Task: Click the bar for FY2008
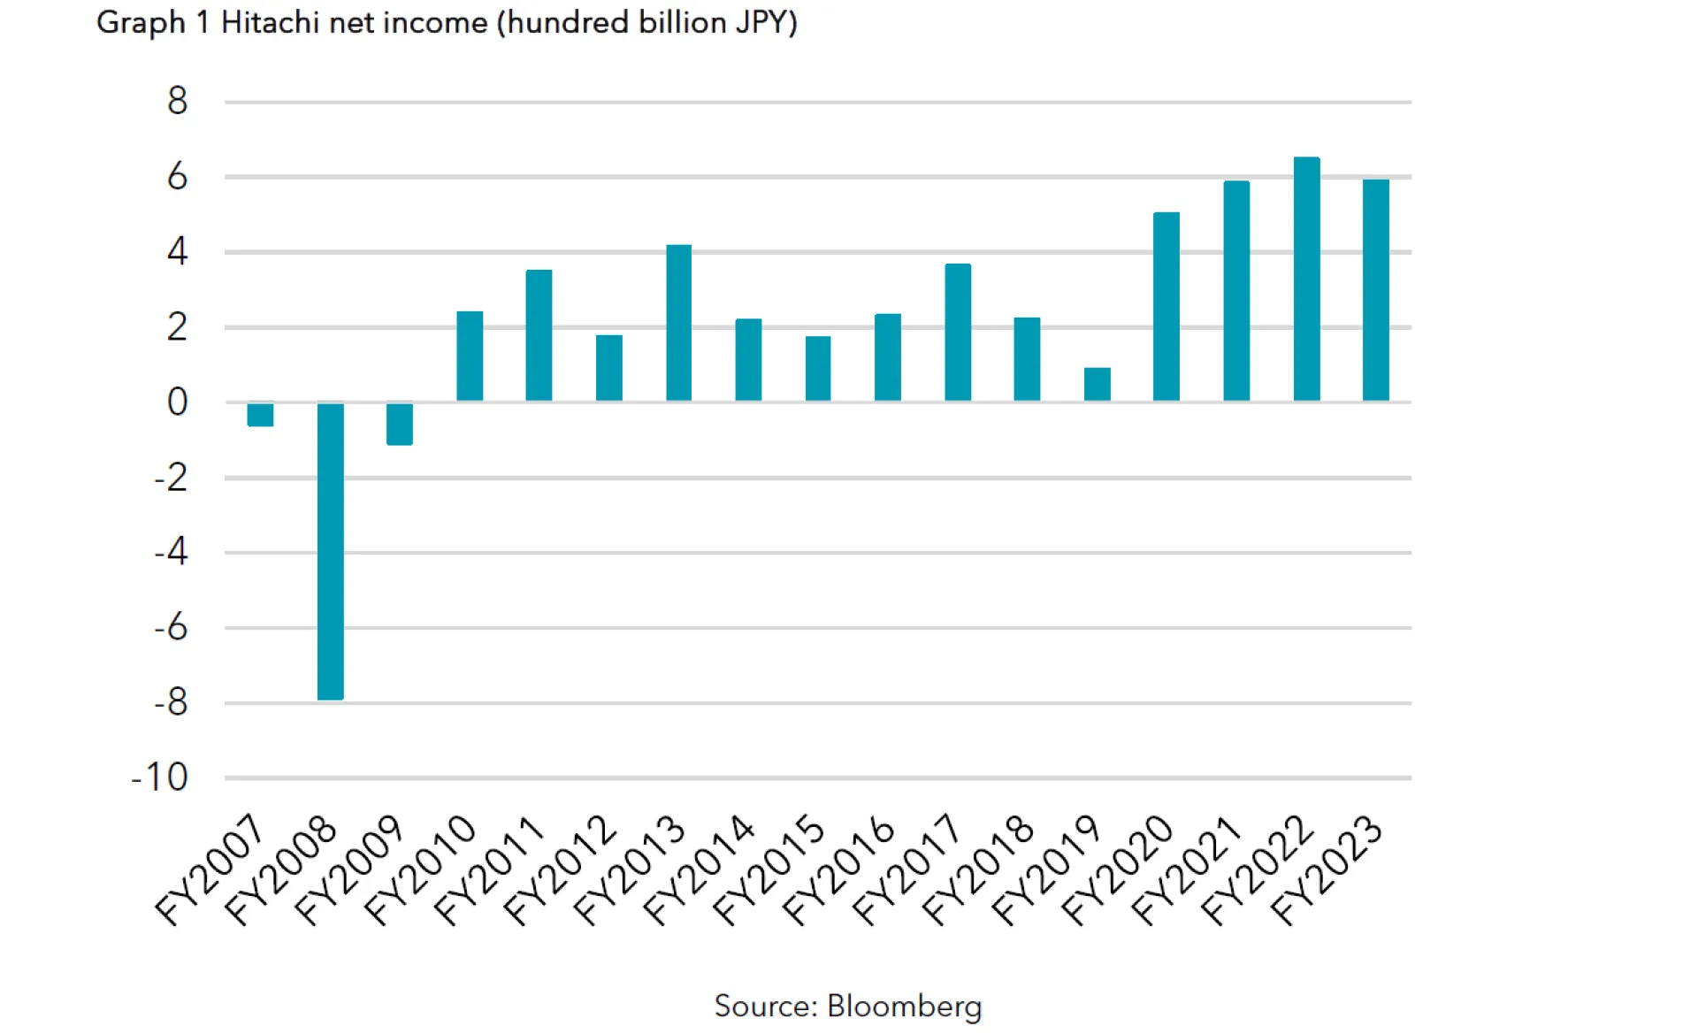(330, 551)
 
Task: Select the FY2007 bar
(260, 415)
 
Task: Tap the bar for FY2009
(400, 424)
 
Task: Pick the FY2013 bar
(678, 323)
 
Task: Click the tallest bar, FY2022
(1306, 280)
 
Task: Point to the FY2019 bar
(1097, 385)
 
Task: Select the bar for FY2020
(1166, 307)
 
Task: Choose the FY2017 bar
(958, 333)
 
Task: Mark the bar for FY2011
(539, 335)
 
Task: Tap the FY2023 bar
(1376, 291)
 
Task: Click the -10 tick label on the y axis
(160, 777)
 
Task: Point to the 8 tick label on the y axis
(177, 101)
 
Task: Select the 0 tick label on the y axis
(177, 402)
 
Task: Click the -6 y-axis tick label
(171, 627)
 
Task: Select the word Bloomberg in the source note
(904, 1007)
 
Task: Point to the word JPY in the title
(762, 22)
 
